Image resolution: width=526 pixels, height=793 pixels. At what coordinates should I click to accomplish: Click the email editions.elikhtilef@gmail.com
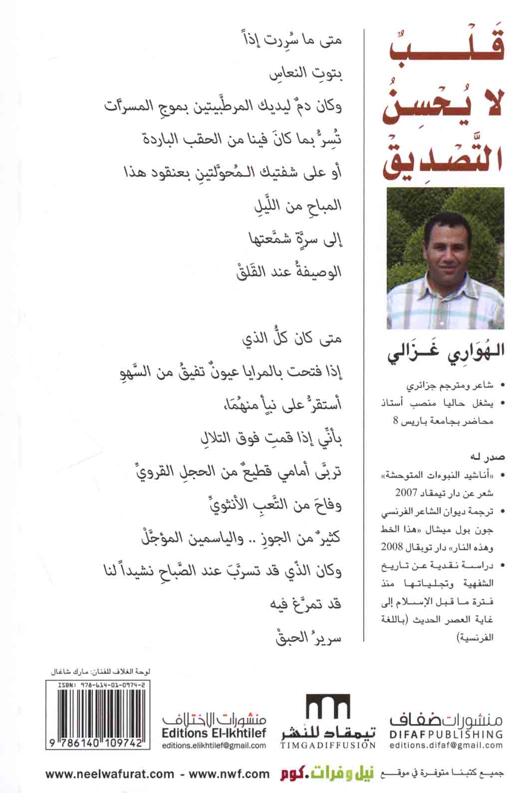[x=214, y=745]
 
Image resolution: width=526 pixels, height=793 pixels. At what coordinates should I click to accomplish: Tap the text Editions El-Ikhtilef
[x=214, y=733]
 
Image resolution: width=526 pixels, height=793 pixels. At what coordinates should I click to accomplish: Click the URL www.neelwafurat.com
[x=110, y=774]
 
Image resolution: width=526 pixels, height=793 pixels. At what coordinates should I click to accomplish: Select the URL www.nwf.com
[x=228, y=774]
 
